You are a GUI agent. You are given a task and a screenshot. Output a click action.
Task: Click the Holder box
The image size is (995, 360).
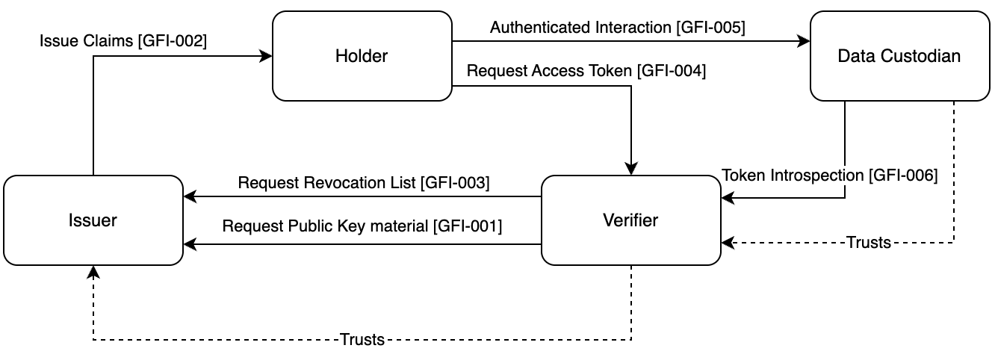coord(362,56)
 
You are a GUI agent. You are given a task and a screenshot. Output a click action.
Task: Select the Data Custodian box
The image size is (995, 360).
coord(899,56)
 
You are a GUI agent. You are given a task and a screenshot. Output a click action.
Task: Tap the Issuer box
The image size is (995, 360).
coord(93,220)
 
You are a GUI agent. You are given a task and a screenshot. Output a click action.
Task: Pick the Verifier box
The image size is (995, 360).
coord(630,220)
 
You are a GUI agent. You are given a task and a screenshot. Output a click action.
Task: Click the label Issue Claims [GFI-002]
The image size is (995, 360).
coord(123,42)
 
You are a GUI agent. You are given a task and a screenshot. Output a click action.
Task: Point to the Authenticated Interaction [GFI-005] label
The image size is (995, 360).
coord(617,28)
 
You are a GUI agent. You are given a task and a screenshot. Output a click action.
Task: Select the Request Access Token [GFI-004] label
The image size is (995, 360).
coord(586,72)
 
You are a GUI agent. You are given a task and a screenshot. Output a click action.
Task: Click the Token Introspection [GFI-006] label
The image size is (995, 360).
coord(829,175)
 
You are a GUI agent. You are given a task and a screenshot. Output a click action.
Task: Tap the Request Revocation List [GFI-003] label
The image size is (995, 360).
coord(363,182)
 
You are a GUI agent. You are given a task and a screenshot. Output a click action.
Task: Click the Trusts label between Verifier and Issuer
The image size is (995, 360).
coord(362,340)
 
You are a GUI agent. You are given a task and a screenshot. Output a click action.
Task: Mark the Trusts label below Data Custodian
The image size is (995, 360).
coord(868,243)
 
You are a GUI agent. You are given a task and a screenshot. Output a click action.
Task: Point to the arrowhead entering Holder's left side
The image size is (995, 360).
coord(266,56)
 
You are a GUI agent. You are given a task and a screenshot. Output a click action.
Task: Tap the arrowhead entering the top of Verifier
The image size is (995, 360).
coord(631,169)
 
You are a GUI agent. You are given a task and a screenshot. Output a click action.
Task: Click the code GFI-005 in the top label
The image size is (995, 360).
coord(710,28)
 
